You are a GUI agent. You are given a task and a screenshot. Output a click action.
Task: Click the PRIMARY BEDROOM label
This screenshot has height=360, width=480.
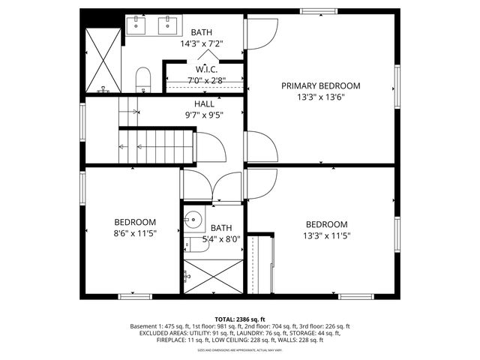pos(320,85)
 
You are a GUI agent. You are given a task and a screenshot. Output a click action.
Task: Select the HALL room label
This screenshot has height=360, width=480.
pos(205,104)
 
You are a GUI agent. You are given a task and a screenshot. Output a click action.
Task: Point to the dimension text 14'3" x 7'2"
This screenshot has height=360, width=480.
pos(201,44)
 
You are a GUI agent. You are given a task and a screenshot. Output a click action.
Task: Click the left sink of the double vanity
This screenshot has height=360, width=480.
pos(137,26)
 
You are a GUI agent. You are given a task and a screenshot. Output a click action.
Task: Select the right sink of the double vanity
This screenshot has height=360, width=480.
pos(166,26)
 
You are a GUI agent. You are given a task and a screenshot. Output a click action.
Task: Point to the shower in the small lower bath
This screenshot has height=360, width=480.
pos(214,275)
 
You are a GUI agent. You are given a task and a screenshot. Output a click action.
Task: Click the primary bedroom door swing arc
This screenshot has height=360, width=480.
pos(258,31)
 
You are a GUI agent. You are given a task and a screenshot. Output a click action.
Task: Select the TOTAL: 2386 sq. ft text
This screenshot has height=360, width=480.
pos(239,319)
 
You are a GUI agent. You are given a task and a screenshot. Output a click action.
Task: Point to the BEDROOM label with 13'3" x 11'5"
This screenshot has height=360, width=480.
pos(327,224)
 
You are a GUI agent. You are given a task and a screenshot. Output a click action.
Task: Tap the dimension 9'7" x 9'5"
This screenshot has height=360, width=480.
pos(205,116)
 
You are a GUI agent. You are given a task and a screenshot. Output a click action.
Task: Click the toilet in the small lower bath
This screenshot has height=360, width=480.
pos(196,244)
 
